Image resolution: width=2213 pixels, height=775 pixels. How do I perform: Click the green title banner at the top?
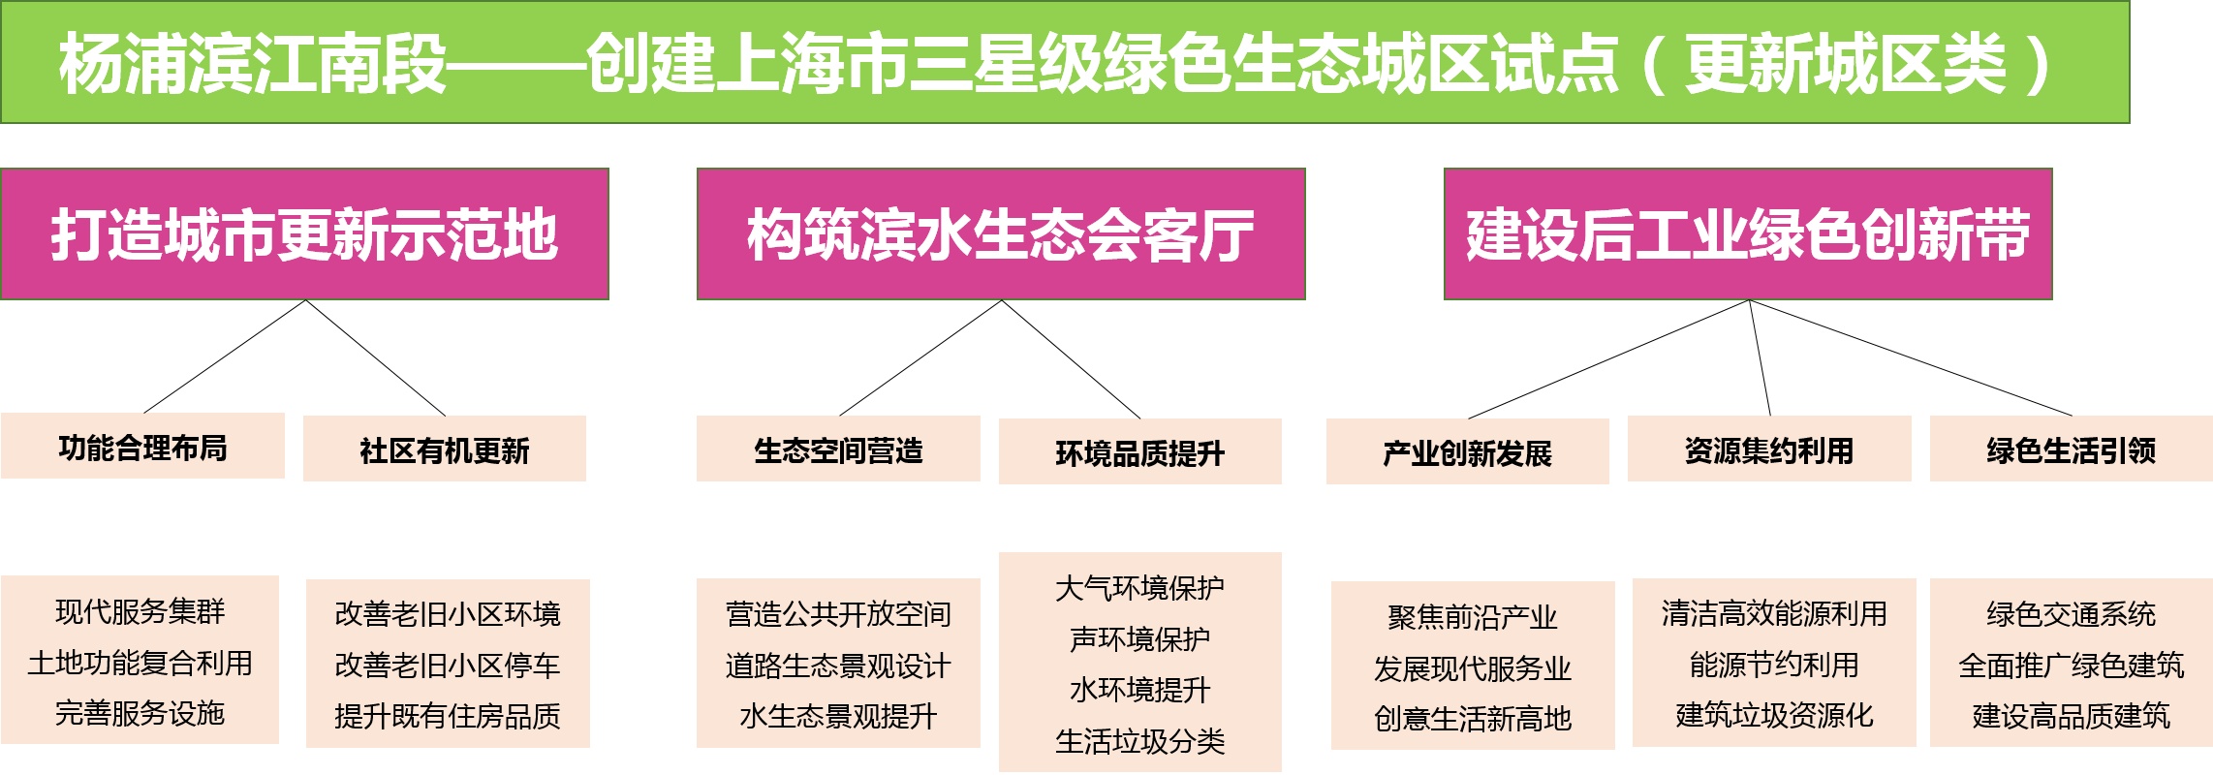point(1064,62)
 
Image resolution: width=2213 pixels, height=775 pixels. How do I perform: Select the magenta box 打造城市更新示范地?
point(304,233)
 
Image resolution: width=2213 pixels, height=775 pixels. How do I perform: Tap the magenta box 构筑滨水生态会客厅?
point(1000,233)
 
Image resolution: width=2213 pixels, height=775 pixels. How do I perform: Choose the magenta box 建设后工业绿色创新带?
point(1747,233)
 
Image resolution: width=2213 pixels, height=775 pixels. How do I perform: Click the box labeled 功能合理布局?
point(142,447)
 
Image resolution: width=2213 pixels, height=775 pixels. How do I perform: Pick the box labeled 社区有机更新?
point(444,449)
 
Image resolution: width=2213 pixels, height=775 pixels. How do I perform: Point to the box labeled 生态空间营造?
point(838,449)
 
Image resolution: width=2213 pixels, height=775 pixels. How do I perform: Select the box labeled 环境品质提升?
point(1139,452)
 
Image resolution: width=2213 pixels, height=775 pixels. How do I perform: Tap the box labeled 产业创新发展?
point(1467,452)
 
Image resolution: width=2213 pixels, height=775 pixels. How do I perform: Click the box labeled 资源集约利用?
point(1768,449)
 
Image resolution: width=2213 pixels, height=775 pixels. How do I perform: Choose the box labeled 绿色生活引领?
point(2071,449)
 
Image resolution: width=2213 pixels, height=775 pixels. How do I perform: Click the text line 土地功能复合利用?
point(140,663)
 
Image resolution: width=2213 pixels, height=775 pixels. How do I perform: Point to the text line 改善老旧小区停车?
point(447,666)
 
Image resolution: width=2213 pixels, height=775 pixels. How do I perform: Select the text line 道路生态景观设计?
point(838,666)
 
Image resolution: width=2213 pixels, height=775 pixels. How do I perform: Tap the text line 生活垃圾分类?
point(1139,741)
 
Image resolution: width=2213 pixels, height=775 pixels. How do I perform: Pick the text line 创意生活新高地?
point(1472,719)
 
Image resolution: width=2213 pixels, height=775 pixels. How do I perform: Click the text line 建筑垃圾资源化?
point(1773,716)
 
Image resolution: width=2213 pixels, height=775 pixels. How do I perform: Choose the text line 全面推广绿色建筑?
point(2071,666)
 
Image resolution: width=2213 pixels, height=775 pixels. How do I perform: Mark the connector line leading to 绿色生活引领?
point(1911,358)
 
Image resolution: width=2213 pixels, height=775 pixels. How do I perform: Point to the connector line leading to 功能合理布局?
point(225,356)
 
